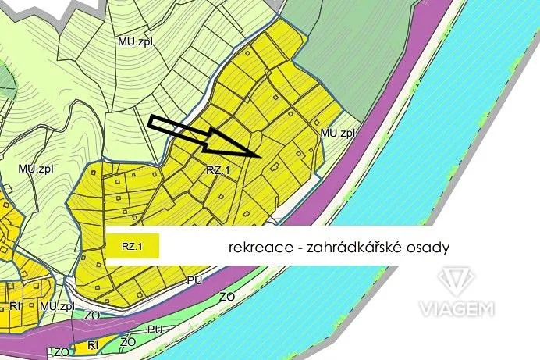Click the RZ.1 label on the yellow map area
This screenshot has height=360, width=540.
pyautogui.click(x=218, y=169)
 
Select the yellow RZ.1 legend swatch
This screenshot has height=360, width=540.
pyautogui.click(x=133, y=247)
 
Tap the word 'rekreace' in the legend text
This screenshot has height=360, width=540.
pyautogui.click(x=254, y=247)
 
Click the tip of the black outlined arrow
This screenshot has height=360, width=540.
pyautogui.click(x=258, y=155)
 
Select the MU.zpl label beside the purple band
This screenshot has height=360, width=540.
pyautogui.click(x=337, y=133)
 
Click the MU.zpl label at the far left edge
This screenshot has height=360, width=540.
pyautogui.click(x=34, y=168)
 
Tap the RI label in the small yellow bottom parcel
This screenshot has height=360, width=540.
pyautogui.click(x=92, y=344)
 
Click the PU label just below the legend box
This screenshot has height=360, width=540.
pyautogui.click(x=194, y=277)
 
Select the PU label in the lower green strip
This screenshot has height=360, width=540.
pyautogui.click(x=155, y=330)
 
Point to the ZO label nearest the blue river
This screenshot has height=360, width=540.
pyautogui.click(x=227, y=297)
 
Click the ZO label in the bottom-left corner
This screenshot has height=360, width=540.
pyautogui.click(x=60, y=353)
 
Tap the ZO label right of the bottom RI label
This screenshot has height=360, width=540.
pyautogui.click(x=128, y=343)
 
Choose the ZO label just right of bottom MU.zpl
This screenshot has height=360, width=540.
pyautogui.click(x=91, y=315)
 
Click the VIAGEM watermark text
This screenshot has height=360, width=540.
pyautogui.click(x=457, y=309)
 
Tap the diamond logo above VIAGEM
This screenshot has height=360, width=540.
pyautogui.click(x=456, y=281)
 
